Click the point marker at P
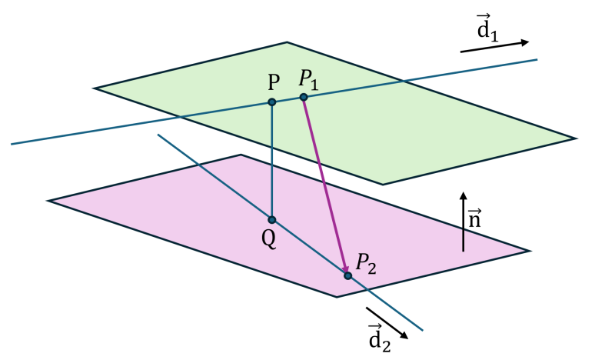(x=272, y=102)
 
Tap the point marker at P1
(x=304, y=97)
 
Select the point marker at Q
(x=272, y=219)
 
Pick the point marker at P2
(x=347, y=275)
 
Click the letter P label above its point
(x=274, y=82)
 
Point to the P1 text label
(x=309, y=80)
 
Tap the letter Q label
(x=268, y=238)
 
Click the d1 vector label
(x=487, y=28)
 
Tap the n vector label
(x=474, y=219)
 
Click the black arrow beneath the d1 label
(x=494, y=47)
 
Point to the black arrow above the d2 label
(x=387, y=323)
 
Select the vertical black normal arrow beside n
(x=464, y=222)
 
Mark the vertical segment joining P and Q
(x=272, y=161)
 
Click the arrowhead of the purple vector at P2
(x=345, y=269)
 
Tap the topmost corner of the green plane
(x=287, y=42)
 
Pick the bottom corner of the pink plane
(x=337, y=297)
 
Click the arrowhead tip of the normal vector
(x=464, y=192)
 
